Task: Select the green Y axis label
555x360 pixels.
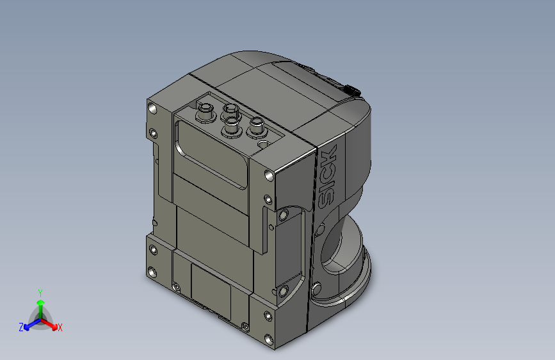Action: [40, 292]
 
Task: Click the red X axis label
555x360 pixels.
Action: [60, 327]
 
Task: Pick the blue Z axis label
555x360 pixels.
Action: [21, 327]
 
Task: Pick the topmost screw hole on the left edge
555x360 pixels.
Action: [152, 109]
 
